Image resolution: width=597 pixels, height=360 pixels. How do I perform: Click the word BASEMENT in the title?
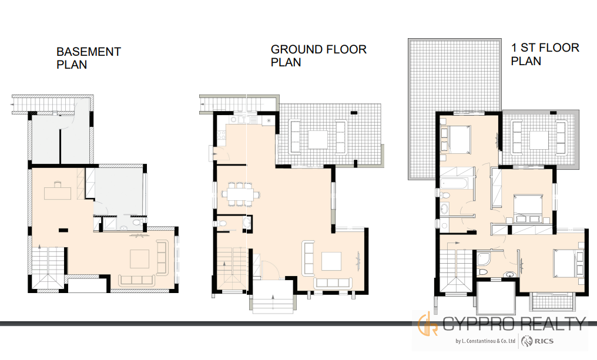(x=89, y=51)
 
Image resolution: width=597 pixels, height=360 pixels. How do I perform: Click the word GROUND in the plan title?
(x=296, y=49)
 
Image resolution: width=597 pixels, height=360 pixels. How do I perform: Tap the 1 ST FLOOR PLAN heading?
(x=545, y=55)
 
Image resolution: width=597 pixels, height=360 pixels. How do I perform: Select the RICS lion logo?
(x=526, y=341)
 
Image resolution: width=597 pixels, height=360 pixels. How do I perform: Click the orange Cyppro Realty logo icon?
(x=428, y=324)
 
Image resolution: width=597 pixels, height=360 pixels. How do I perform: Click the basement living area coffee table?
(x=140, y=259)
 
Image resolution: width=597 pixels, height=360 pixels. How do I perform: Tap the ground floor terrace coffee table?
(x=317, y=140)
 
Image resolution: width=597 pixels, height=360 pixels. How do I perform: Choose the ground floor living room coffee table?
(x=331, y=261)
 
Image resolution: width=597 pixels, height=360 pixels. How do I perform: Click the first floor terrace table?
(x=539, y=140)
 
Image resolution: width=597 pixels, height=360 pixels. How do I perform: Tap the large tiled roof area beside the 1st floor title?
(x=454, y=109)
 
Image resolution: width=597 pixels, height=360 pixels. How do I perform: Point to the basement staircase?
(x=48, y=268)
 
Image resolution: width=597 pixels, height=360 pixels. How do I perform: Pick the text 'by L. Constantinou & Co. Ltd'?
(x=485, y=341)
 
